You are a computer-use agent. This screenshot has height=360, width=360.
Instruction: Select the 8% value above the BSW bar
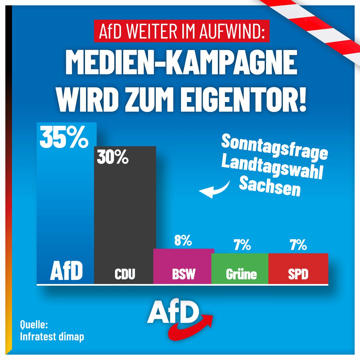point(183,240)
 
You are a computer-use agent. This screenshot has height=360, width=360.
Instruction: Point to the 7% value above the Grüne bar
point(242,245)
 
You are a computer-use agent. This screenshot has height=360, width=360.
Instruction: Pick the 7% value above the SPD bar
point(298,245)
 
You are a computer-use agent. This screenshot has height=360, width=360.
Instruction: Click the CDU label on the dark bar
point(125,274)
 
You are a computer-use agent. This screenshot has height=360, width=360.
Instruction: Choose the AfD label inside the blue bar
point(66,271)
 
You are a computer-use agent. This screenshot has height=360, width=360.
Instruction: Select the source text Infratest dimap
point(52,336)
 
